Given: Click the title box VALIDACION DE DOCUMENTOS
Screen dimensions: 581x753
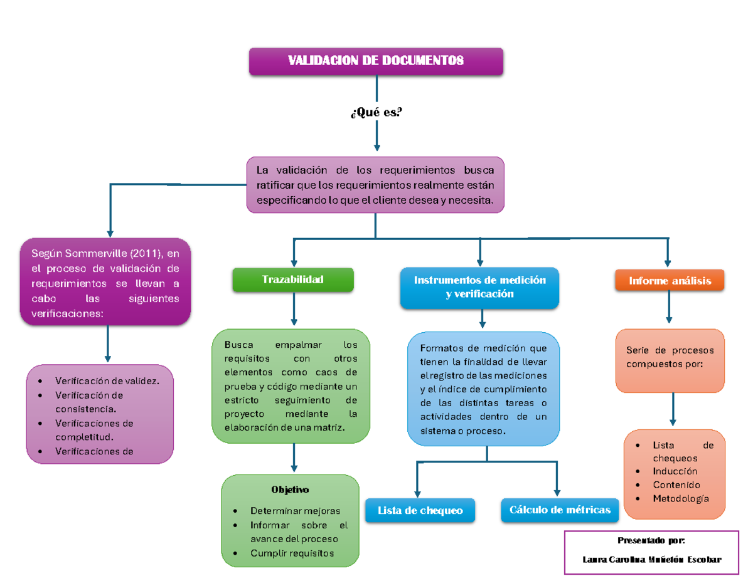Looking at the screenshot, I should tap(376, 61).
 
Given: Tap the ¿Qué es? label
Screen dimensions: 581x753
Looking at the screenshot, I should tap(376, 112).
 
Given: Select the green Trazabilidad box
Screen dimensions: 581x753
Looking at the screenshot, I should tap(293, 280).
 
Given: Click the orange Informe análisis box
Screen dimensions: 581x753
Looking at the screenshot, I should tap(670, 281).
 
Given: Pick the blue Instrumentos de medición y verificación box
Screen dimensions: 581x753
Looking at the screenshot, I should tap(479, 287).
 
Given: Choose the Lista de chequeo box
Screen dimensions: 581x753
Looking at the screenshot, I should tap(420, 510).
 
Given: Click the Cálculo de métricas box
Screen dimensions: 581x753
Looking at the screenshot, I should tap(560, 510).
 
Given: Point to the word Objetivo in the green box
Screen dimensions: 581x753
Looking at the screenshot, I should tap(290, 489).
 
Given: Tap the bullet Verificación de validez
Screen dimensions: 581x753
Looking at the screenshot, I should tap(107, 380).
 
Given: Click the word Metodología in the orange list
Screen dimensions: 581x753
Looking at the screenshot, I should tap(680, 498).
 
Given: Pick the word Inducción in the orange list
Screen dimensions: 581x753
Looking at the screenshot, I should tap(675, 471).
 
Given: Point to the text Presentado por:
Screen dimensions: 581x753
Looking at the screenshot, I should tap(651, 540).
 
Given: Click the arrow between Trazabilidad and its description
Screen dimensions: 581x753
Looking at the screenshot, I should tap(293, 310).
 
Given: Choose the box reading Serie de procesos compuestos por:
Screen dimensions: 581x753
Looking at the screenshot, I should tap(670, 357).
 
